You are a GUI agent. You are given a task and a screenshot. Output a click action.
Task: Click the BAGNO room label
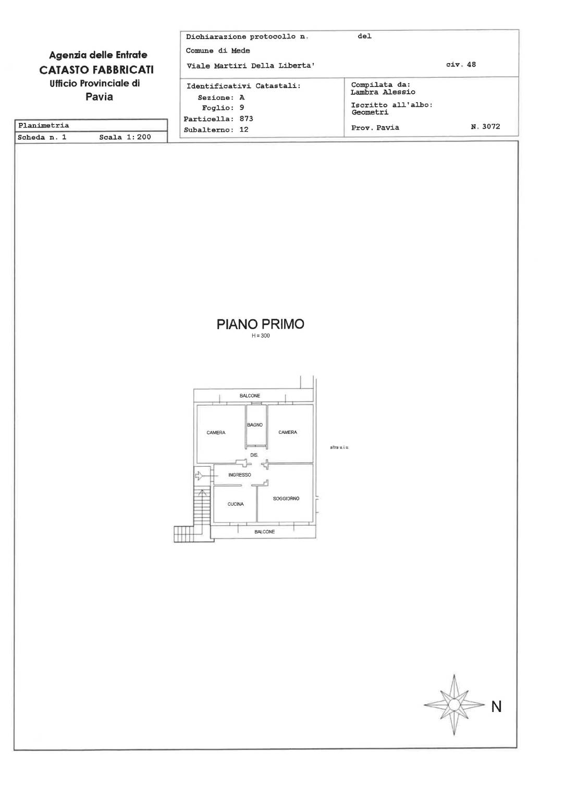[x=255, y=424]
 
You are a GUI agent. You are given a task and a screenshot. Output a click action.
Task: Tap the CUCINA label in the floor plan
[x=236, y=504]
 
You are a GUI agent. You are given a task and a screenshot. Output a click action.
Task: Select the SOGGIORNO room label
[x=286, y=498]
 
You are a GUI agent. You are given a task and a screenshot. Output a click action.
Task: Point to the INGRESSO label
[x=240, y=474]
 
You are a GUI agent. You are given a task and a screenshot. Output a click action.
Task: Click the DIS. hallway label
[x=254, y=455]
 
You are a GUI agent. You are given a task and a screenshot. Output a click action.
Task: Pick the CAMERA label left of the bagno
[x=216, y=432]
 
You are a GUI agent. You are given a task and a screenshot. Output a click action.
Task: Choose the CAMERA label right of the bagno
[x=288, y=432]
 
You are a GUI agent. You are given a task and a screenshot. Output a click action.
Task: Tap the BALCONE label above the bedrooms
[x=250, y=396]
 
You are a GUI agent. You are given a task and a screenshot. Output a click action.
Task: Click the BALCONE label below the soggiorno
[x=264, y=532]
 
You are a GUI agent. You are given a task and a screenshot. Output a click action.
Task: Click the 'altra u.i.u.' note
[x=339, y=447]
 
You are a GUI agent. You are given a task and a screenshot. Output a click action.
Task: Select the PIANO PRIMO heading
[x=261, y=324]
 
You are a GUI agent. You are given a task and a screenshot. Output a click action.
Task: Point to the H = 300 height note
[x=261, y=336]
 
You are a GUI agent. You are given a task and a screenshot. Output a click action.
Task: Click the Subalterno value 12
[x=244, y=129]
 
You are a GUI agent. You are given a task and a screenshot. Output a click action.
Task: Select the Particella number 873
[x=246, y=118]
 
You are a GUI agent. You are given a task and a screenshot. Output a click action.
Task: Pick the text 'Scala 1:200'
[x=125, y=137]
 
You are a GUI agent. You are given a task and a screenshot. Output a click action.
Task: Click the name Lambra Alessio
[x=383, y=92]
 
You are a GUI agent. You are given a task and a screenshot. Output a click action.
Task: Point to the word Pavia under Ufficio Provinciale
[x=99, y=96]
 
